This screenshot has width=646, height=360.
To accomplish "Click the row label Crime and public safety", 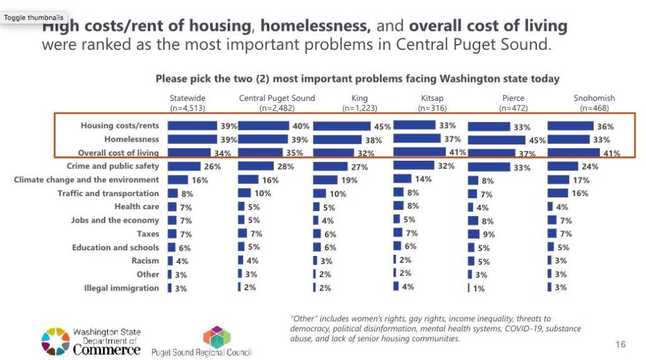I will [x=118, y=166].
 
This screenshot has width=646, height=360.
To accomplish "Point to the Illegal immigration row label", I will [x=121, y=288].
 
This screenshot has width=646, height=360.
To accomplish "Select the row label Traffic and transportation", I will [x=108, y=194].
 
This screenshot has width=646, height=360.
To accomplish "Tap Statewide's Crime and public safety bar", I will [x=184, y=166].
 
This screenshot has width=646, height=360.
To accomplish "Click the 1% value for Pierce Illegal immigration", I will [x=479, y=289].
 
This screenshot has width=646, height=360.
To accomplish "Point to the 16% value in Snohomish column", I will [x=580, y=194].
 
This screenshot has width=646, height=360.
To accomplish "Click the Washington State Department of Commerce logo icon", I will [x=55, y=340].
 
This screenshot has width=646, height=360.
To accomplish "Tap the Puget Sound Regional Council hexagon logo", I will [x=216, y=336].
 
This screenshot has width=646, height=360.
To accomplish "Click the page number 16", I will [x=620, y=344].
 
